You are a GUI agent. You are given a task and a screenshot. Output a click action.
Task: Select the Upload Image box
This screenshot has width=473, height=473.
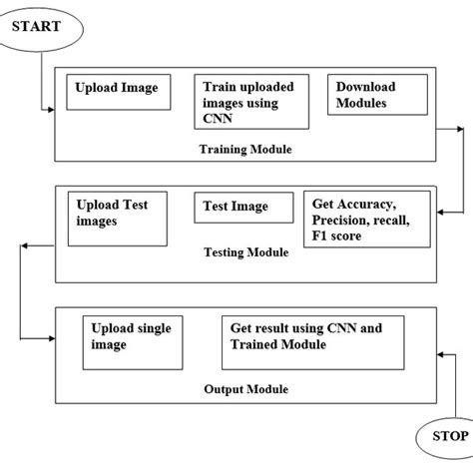click(x=119, y=93)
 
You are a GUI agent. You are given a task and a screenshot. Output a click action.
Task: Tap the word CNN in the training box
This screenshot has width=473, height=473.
click(x=217, y=118)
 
